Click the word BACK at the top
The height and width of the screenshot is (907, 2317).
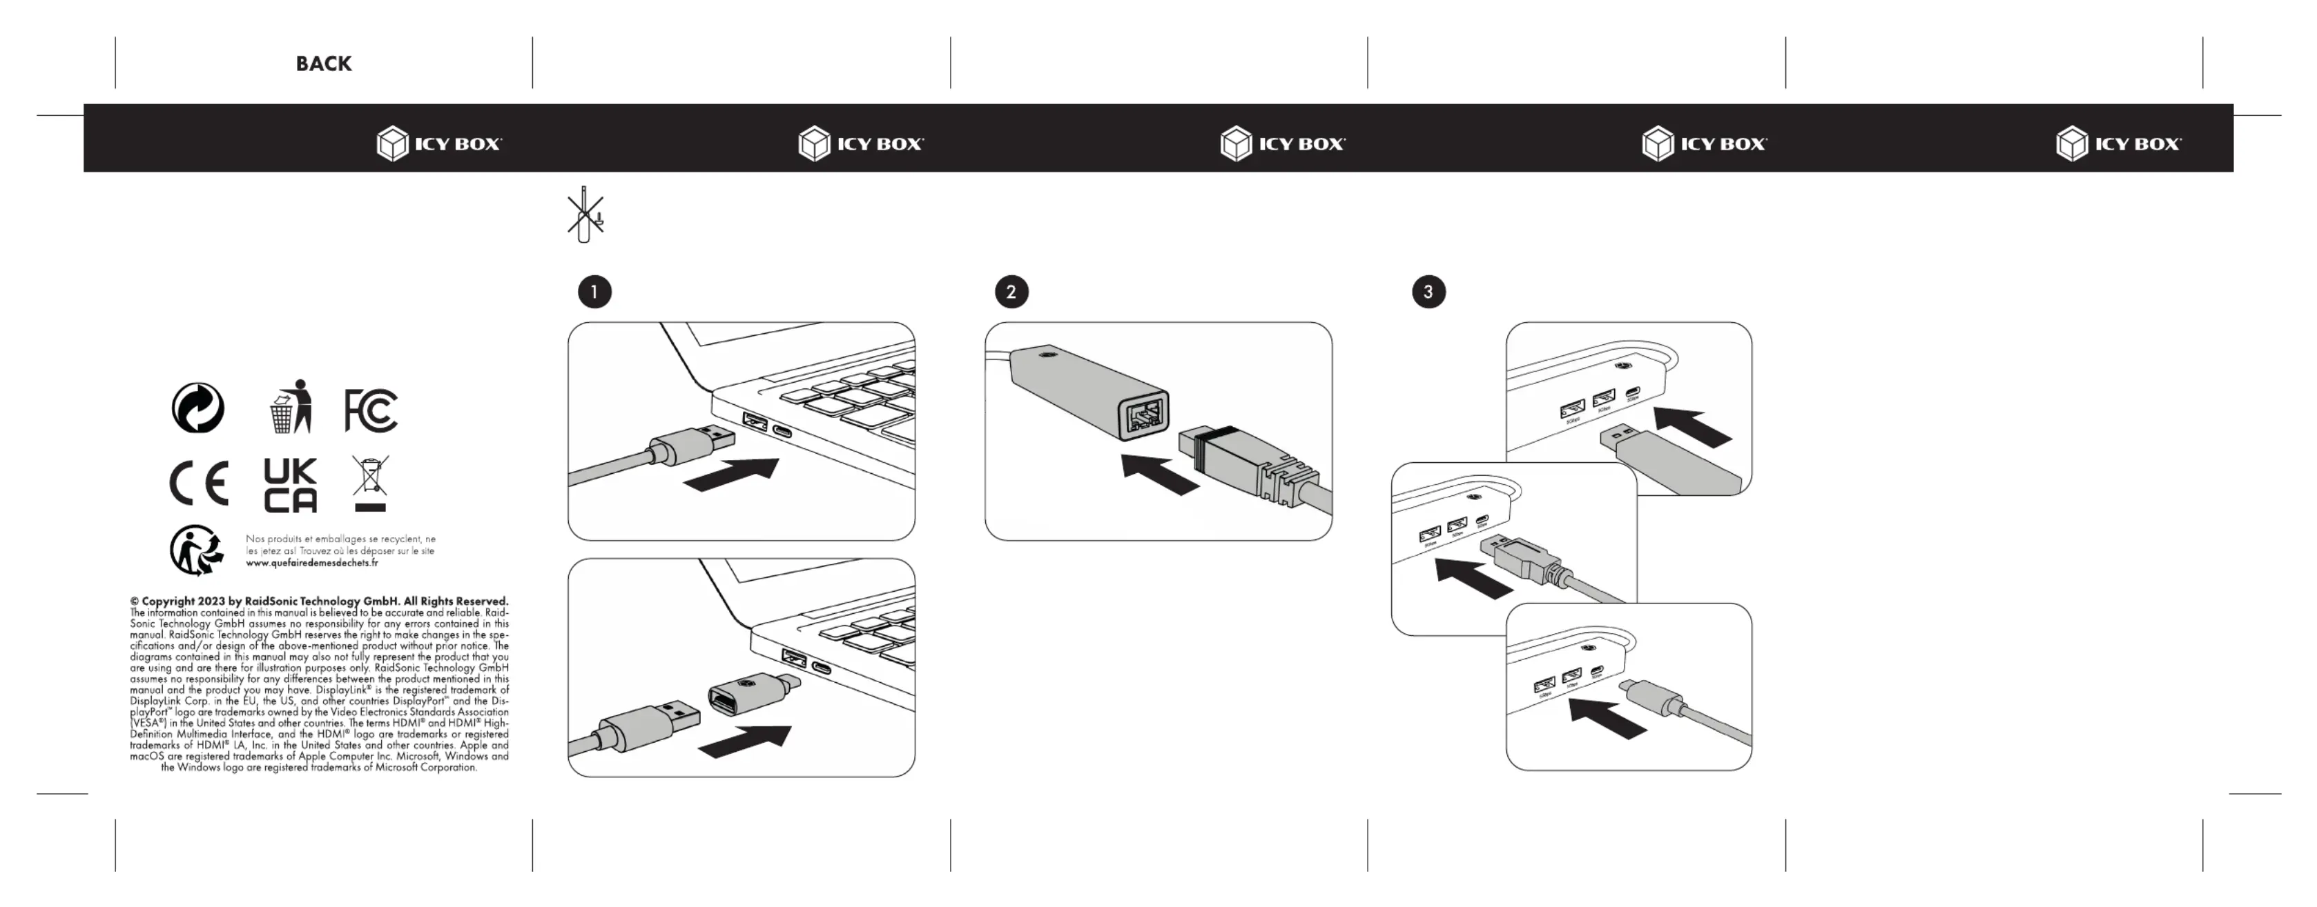[324, 64]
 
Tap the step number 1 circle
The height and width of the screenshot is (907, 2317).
[594, 292]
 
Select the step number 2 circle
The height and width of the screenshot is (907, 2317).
[1011, 292]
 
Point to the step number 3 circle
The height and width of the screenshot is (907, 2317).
[1428, 292]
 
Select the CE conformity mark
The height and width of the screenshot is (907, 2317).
[199, 484]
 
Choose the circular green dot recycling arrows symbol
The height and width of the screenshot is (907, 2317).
[198, 408]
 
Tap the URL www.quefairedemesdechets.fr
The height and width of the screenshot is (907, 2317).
[312, 564]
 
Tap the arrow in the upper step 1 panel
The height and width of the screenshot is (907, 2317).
[732, 474]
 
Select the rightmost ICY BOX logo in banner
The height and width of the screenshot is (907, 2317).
[2118, 144]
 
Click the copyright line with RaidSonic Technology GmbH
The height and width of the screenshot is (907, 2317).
[319, 601]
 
